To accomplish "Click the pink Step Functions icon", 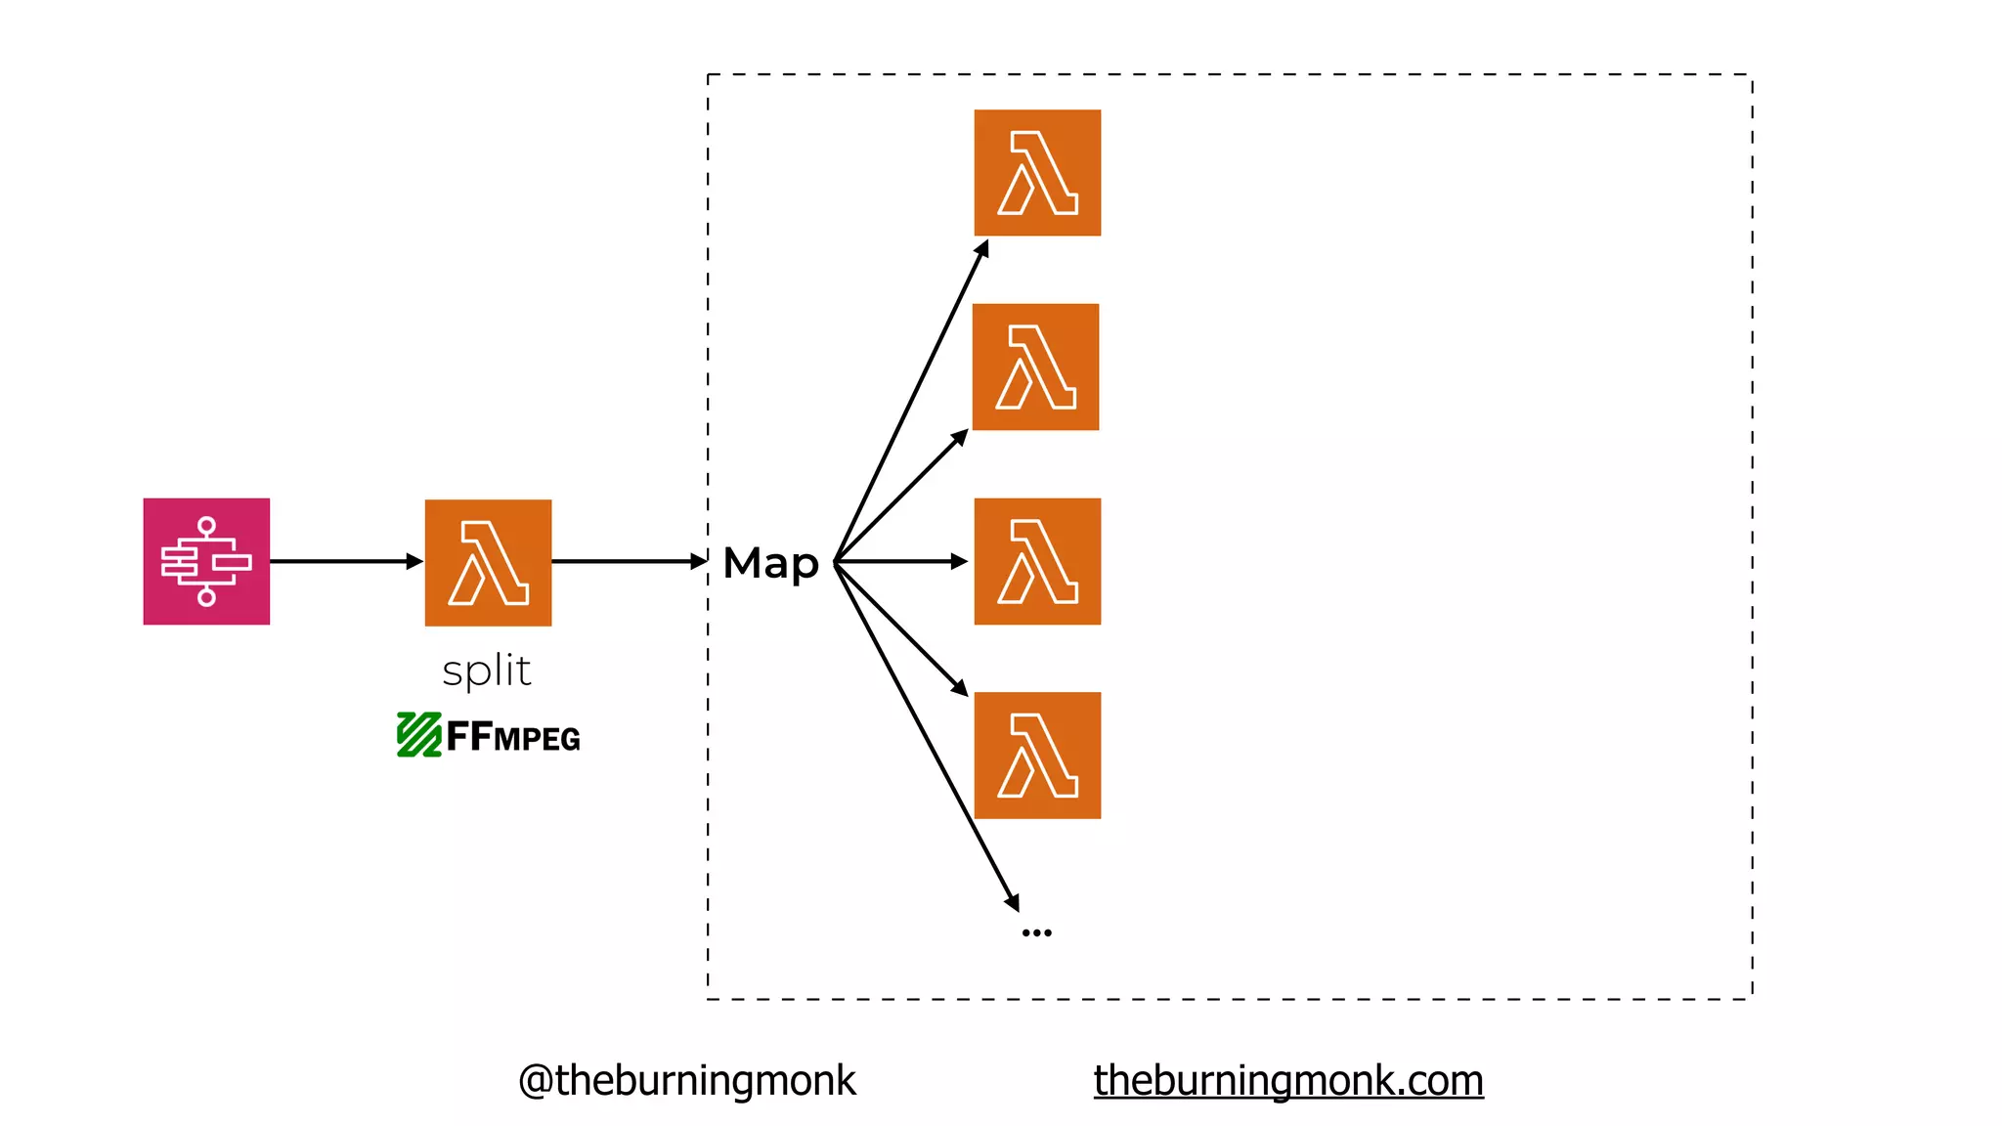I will coord(206,561).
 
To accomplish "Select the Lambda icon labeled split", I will coord(488,562).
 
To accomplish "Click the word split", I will coord(487,671).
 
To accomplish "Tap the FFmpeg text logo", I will coord(513,737).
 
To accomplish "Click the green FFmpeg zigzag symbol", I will coord(418,735).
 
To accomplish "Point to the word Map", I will coord(770,564).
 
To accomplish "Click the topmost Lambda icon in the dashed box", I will coord(1037,173).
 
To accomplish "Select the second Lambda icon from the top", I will coord(1035,367).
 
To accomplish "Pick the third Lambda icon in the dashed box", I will coord(1037,561).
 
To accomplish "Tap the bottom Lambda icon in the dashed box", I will coord(1037,756).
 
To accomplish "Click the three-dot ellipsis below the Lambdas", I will coord(1036,932).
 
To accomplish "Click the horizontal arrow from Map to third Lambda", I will coord(899,561).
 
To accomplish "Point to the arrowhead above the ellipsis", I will coord(1014,903).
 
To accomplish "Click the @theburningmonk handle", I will coord(686,1081).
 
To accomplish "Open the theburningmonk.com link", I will coord(1287,1081).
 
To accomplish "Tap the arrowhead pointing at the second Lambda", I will coord(961,436).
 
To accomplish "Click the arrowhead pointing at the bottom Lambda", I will coord(961,688).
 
